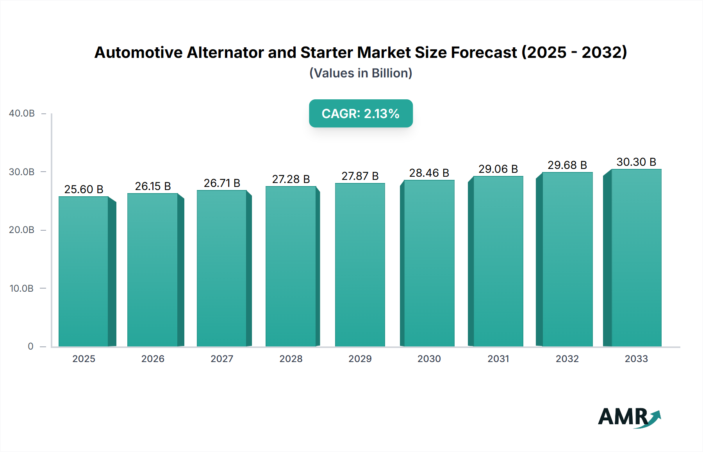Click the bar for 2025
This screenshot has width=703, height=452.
(x=84, y=271)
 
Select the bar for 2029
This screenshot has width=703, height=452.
(x=360, y=265)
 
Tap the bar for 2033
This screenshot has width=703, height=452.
(x=636, y=258)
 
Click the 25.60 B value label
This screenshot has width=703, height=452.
(x=84, y=189)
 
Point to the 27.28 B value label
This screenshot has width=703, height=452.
(x=291, y=179)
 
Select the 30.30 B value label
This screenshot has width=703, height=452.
(x=636, y=162)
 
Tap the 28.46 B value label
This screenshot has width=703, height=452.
(x=429, y=173)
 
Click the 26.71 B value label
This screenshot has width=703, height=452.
(x=222, y=183)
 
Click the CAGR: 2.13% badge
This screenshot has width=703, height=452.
(x=360, y=113)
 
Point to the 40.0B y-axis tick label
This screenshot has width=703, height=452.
(x=22, y=113)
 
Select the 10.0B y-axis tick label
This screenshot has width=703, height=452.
(x=21, y=289)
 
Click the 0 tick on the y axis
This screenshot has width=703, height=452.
(x=30, y=346)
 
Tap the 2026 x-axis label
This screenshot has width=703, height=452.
(x=153, y=359)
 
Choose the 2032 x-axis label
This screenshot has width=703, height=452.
(x=567, y=359)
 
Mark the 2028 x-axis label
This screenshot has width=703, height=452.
(x=291, y=359)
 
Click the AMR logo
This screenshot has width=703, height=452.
(x=629, y=417)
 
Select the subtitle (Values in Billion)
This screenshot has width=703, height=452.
(x=360, y=73)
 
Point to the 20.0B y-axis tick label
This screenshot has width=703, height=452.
(x=21, y=230)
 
